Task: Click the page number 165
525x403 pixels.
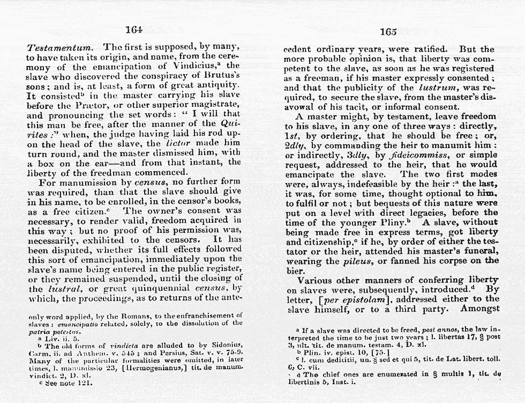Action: tap(388, 32)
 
